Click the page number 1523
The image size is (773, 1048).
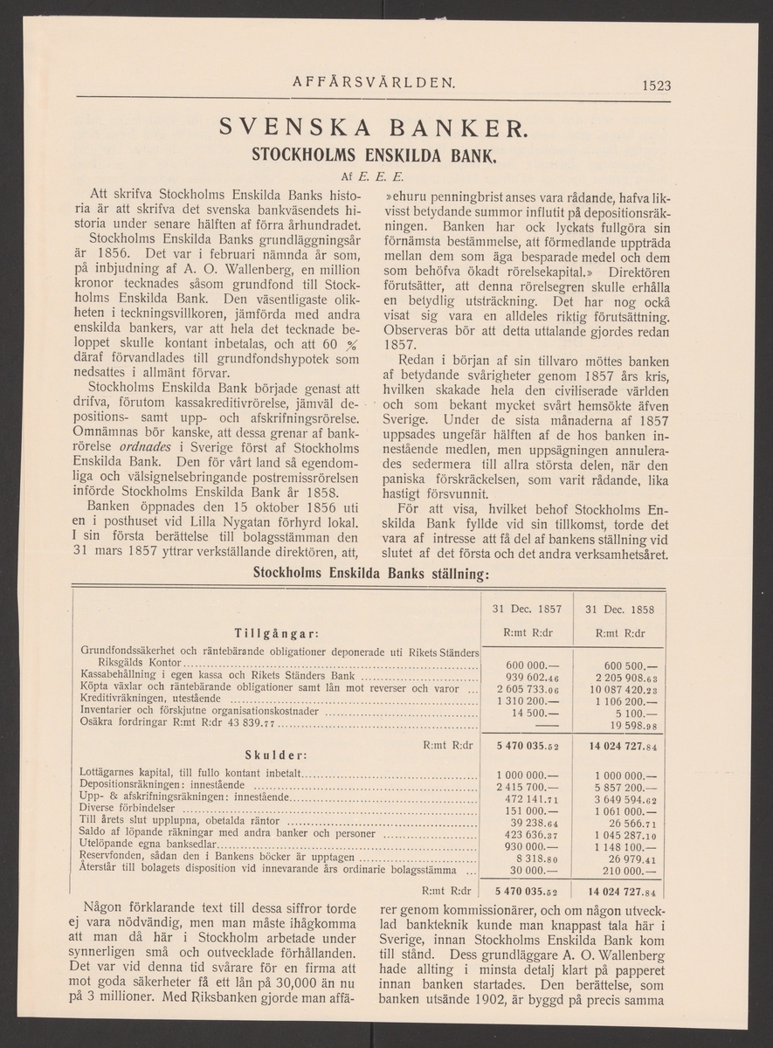click(x=655, y=85)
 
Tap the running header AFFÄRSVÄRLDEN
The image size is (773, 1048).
click(x=374, y=84)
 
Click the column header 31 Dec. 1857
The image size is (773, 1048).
click(x=527, y=608)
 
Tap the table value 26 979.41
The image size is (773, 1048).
click(x=635, y=858)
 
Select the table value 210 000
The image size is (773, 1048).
click(x=635, y=870)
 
